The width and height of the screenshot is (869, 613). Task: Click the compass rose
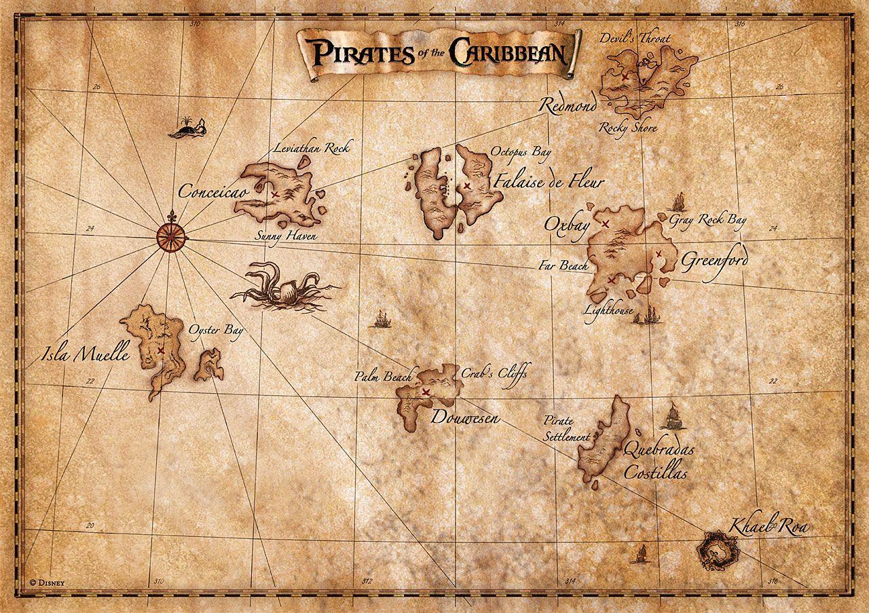coord(171,235)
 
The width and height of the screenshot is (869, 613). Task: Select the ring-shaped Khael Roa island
coord(719,550)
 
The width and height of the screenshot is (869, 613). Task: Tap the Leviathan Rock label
coord(313,147)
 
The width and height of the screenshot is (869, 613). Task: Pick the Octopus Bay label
coord(521,153)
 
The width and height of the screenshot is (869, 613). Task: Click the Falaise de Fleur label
coord(549,182)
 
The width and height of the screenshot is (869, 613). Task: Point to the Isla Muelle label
coord(85,354)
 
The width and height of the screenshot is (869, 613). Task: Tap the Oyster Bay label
coord(216,331)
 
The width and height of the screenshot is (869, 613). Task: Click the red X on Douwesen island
coord(426,392)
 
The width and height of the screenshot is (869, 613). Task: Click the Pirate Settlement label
coord(566,430)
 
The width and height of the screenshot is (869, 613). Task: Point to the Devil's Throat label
coord(634,39)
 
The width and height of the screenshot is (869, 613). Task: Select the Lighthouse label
coord(608,310)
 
